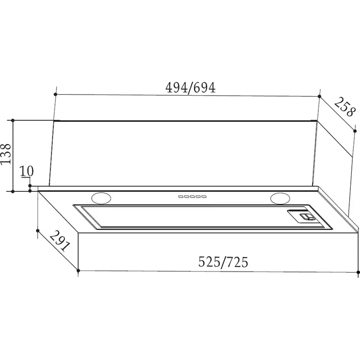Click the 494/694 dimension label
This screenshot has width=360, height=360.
191,88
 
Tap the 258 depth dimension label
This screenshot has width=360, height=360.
344,107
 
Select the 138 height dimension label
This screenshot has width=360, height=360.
6,154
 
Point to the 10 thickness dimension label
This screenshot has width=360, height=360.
27,171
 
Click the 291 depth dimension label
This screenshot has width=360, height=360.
59,241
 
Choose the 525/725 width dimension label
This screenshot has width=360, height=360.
223,262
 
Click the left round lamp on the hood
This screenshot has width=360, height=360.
101,198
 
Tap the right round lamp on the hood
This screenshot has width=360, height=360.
280,199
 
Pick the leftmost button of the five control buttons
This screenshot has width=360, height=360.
181,196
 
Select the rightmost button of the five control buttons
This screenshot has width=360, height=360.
204,196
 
